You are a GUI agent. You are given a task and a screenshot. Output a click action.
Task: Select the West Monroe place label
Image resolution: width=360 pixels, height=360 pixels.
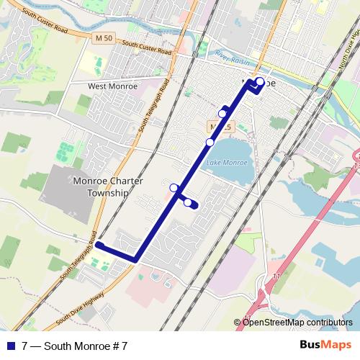(112, 86)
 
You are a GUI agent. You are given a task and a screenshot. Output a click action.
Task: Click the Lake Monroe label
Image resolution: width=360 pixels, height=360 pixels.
(227, 163)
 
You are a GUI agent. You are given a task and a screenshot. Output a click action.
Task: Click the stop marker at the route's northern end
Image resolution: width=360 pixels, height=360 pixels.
(259, 81)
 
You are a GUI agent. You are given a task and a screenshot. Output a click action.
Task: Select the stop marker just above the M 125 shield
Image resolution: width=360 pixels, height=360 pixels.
(223, 113)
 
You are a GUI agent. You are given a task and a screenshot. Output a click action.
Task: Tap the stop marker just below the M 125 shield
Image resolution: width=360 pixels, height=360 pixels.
(210, 143)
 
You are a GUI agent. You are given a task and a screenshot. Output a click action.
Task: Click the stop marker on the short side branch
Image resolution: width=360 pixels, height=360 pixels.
(188, 203)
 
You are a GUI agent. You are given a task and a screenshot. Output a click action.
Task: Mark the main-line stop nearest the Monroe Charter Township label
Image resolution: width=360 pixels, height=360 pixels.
(174, 188)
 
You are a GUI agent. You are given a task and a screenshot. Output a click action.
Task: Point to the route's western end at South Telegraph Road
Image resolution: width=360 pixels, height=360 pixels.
(99, 246)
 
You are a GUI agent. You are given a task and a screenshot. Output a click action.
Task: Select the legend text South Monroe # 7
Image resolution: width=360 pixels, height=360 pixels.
(79, 346)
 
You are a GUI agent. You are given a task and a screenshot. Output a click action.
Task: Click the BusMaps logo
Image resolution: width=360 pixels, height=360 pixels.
(325, 346)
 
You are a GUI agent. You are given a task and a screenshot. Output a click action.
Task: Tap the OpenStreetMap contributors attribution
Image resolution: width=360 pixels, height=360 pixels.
(297, 322)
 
